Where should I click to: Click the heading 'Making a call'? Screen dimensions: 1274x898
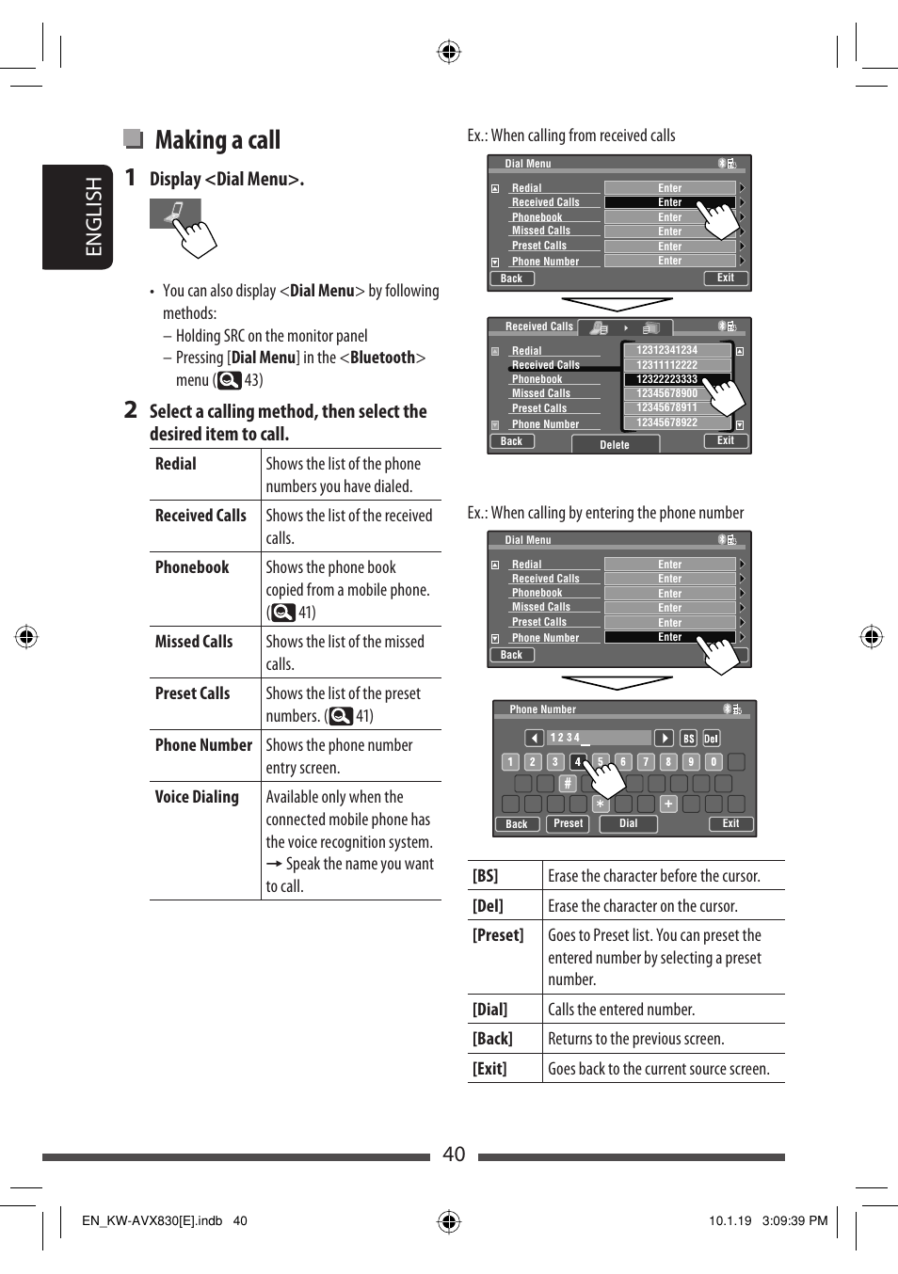[217, 140]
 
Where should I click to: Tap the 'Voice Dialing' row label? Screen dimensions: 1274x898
[197, 797]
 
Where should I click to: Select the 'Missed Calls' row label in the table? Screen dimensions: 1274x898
[194, 642]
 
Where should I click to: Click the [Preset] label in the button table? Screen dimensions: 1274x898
[498, 935]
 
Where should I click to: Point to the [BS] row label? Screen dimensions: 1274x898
[486, 876]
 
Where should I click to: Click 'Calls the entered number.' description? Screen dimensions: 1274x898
[621, 1010]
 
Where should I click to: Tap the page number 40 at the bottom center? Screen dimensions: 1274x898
[454, 1155]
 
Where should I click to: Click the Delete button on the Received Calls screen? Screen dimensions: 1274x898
[615, 445]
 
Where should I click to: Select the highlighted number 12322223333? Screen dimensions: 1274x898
[666, 379]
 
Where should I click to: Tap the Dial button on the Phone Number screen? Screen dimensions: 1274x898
[628, 823]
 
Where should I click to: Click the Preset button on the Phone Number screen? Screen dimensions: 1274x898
[568, 823]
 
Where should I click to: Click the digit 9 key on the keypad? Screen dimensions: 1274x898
[690, 762]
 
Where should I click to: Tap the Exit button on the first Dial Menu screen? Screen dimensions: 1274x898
[725, 279]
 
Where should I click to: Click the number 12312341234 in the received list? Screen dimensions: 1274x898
[666, 350]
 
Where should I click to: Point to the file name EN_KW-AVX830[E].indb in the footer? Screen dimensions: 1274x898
[152, 1221]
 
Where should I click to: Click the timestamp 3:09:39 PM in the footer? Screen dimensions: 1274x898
[794, 1221]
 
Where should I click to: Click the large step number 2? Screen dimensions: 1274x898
[131, 410]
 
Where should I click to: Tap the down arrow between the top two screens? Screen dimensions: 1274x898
[617, 304]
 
